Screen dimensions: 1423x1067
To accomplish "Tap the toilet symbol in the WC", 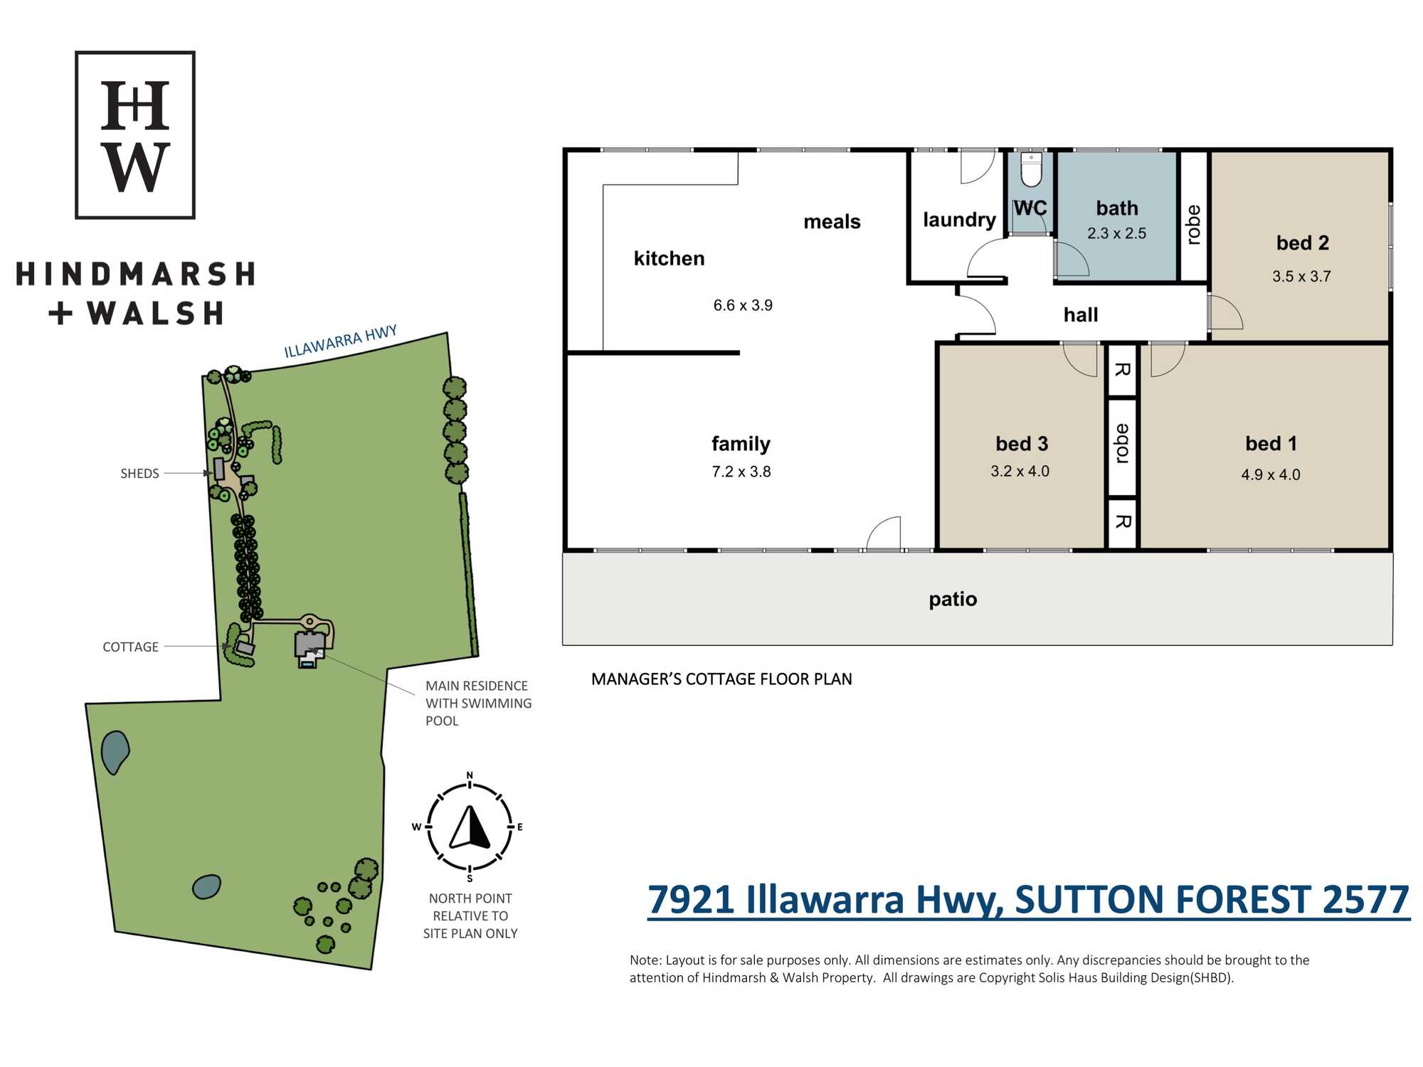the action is (1031, 169).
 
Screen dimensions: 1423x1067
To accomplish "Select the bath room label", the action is (1117, 208).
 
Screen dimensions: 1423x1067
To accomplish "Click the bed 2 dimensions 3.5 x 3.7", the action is (1301, 276).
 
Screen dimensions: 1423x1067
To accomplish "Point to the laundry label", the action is (959, 220).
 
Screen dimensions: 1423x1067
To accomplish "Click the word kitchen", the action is (669, 258).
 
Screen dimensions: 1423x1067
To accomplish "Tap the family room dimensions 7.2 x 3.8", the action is (741, 472).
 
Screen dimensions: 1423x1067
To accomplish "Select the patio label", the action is (953, 600).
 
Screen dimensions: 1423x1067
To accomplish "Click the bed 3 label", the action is (1022, 444).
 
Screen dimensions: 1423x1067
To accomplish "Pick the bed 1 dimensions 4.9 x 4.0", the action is (1271, 474).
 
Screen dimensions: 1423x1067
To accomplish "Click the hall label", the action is (1081, 314).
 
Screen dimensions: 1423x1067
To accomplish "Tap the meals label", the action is (832, 222).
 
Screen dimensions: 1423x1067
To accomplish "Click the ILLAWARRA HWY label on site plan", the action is (340, 342).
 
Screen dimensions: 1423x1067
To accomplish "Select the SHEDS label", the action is (139, 474).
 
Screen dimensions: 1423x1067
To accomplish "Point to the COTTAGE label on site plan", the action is (130, 647).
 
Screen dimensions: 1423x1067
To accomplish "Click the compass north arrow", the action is (470, 827).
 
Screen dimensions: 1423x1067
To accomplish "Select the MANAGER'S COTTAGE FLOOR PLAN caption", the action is (721, 679).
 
